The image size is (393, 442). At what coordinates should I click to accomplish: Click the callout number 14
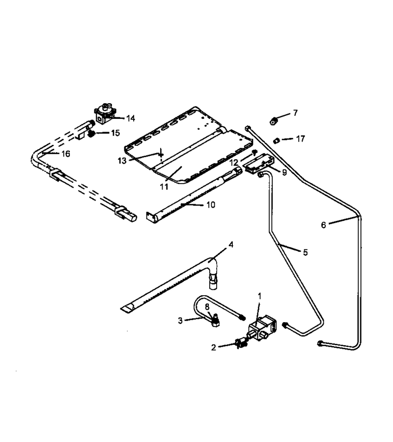coord(131,118)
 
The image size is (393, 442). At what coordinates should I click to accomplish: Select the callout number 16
coord(66,154)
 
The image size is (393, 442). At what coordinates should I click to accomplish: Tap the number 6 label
coord(323,225)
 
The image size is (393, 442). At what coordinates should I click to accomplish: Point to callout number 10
coord(211,205)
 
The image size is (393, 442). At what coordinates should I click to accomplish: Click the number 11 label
coord(164,187)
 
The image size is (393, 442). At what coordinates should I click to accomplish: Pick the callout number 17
coord(301,139)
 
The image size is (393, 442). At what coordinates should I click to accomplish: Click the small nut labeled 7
coord(273,122)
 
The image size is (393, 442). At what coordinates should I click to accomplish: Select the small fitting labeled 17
coord(277,140)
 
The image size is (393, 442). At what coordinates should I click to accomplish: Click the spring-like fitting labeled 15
coord(91,134)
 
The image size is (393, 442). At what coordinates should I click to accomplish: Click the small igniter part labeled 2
coord(241,344)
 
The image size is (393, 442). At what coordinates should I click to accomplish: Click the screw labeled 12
coord(254,152)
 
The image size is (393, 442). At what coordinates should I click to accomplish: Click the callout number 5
coord(306,252)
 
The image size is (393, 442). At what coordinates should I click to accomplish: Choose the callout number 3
coord(180,321)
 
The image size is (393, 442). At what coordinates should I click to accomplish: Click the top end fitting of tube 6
coord(248,128)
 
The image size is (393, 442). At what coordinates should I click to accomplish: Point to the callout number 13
coord(122,161)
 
